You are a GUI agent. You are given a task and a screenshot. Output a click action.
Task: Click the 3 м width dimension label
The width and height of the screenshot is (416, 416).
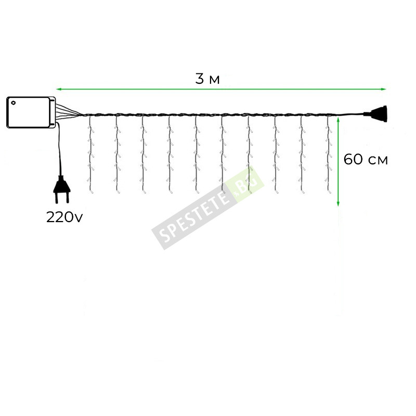coord(207,79)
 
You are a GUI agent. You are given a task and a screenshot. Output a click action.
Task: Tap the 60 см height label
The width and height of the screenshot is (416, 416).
coord(366,160)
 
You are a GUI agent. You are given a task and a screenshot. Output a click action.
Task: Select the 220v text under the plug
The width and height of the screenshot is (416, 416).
coord(64,217)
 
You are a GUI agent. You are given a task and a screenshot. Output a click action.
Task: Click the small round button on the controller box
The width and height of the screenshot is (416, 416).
coord(14,103)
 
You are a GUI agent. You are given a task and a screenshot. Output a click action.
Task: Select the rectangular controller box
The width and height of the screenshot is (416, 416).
coord(31,112)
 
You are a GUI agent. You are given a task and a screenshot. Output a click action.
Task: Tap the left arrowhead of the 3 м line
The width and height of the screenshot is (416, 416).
coord(59,89)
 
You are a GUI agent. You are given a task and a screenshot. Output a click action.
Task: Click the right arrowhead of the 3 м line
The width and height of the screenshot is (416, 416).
coord(383,89)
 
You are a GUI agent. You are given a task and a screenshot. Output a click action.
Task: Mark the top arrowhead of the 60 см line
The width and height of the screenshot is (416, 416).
coord(338,121)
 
